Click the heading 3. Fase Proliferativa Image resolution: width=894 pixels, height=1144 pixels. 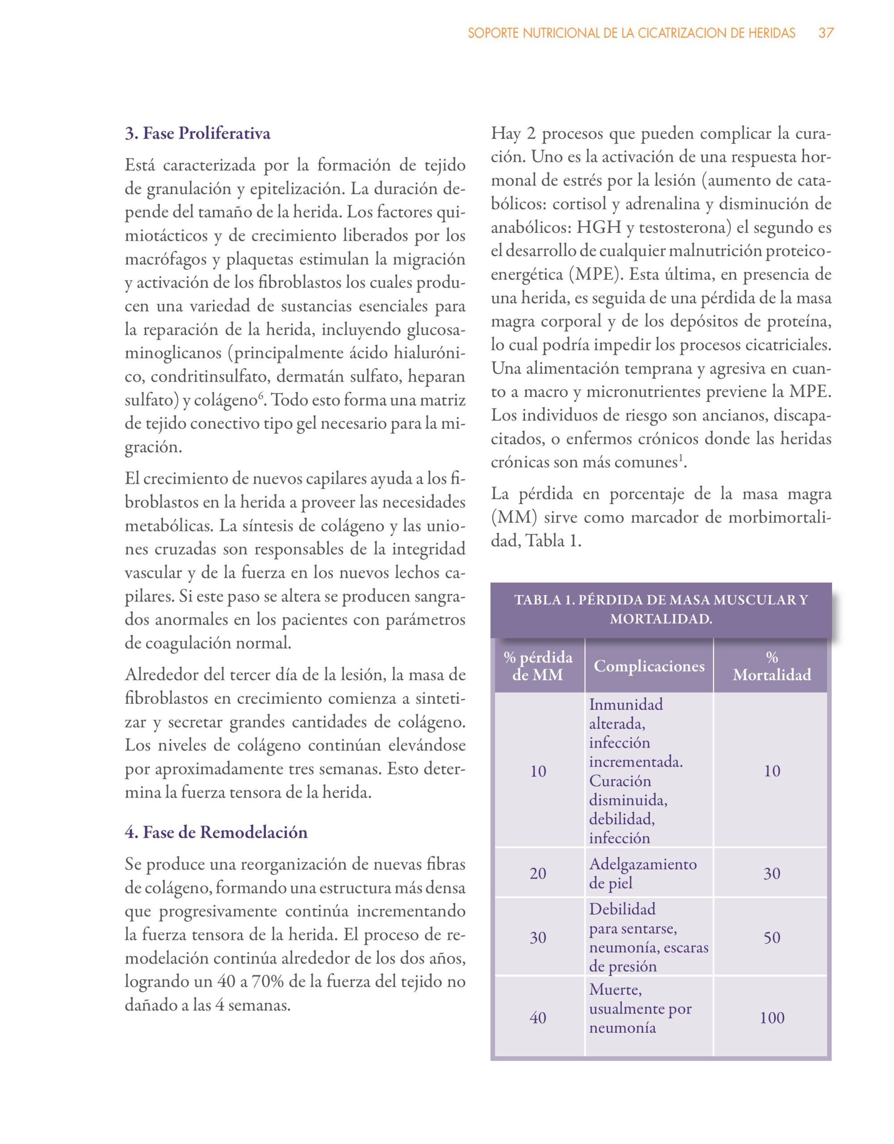(x=197, y=134)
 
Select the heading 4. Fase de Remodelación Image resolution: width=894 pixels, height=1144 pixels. (x=216, y=833)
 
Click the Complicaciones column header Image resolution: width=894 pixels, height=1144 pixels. (x=649, y=666)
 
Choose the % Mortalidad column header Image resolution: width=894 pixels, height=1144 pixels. (x=772, y=666)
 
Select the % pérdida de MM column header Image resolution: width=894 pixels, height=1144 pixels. (x=538, y=666)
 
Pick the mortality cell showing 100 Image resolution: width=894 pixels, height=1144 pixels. (x=772, y=1018)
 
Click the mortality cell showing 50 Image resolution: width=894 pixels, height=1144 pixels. (x=772, y=938)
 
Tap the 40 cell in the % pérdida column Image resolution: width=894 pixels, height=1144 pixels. (x=538, y=1018)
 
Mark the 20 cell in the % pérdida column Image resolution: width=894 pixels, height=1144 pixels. (x=538, y=873)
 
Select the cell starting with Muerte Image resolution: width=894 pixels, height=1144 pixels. (x=640, y=1009)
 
